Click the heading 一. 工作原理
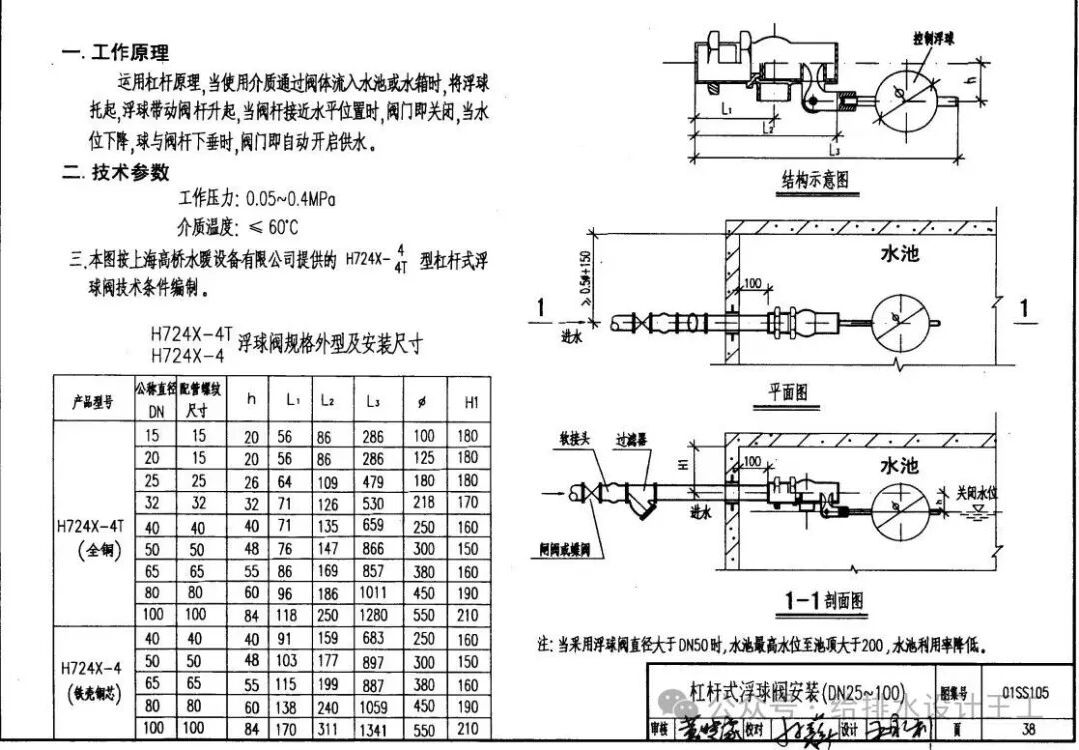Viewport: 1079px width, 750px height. tap(116, 53)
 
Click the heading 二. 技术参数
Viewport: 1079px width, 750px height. tap(116, 171)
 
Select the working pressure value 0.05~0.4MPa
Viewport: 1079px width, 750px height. tap(285, 199)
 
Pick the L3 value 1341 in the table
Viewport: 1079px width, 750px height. tap(372, 729)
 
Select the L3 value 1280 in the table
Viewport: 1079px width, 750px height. tap(372, 615)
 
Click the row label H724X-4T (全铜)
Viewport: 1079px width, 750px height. tap(93, 534)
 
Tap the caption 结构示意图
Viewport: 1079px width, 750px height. tap(814, 181)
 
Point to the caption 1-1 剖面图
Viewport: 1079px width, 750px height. tap(823, 600)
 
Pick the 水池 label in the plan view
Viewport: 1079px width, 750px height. tap(899, 254)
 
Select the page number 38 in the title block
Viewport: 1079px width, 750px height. tap(1028, 728)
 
